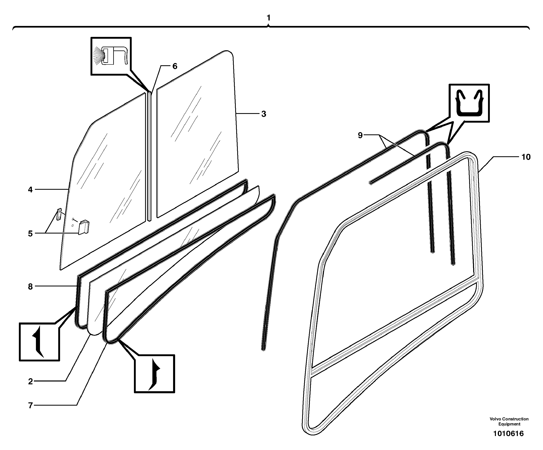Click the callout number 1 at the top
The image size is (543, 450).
click(x=268, y=18)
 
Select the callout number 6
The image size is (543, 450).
click(x=175, y=66)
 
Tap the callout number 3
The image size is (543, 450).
click(x=263, y=114)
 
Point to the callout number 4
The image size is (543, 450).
click(x=30, y=190)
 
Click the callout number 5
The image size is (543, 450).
click(x=30, y=234)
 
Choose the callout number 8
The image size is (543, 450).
click(x=30, y=286)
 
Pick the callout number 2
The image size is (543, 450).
click(x=30, y=381)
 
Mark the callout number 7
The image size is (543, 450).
click(x=30, y=406)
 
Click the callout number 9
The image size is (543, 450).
click(x=360, y=135)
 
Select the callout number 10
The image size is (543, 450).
click(x=526, y=157)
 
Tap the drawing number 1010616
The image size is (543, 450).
click(x=508, y=433)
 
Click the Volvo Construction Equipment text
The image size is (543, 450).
click(x=509, y=421)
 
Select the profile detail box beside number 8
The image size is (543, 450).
click(x=39, y=342)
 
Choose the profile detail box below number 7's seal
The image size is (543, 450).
click(x=154, y=374)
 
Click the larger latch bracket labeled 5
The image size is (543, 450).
click(x=84, y=227)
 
